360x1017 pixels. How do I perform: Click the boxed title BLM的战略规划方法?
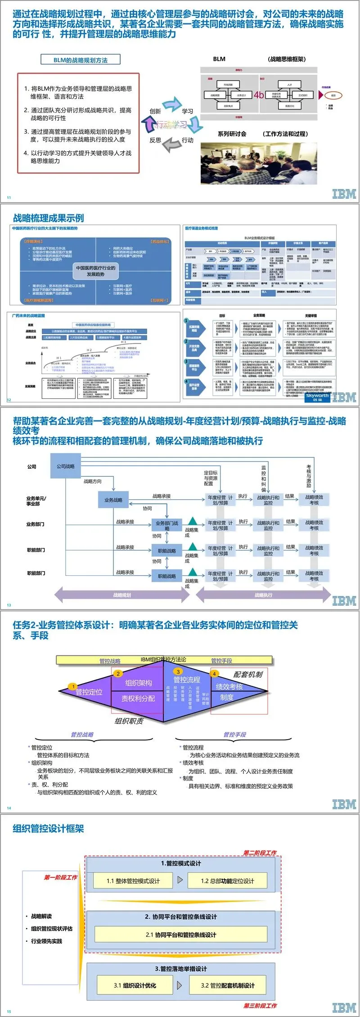coord(81,60)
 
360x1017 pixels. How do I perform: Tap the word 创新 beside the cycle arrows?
coord(155,111)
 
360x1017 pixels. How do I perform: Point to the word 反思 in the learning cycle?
coord(155,140)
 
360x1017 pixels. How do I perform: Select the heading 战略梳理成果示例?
coord(49,218)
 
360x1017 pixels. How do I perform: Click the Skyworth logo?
coord(317,396)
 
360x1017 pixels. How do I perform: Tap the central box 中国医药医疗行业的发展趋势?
coord(95,271)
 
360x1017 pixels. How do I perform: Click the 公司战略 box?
coord(66,466)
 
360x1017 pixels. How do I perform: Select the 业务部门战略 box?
coord(166,525)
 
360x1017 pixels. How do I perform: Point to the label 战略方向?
coord(93,481)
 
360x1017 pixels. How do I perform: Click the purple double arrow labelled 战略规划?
coord(122,595)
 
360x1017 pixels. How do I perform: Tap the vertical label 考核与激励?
coord(309,476)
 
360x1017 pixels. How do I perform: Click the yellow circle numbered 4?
coord(215,674)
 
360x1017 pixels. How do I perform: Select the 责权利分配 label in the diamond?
coord(138,698)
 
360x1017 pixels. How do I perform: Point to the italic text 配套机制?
coord(248,674)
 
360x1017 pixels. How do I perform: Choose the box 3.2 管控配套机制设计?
coord(228,985)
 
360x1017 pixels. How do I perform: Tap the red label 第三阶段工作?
coord(260,1006)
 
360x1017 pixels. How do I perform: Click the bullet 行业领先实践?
coord(46,941)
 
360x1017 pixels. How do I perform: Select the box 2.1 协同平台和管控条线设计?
coord(181,935)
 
